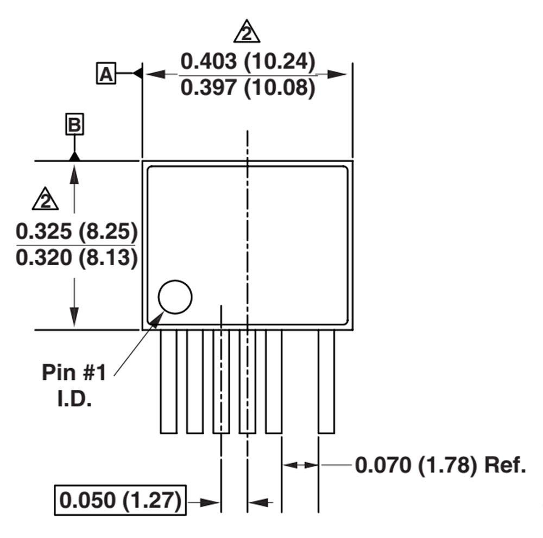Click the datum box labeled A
106,73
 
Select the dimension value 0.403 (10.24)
248,62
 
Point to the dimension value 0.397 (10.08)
248,87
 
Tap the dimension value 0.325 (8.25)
76,232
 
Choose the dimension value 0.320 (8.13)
76,258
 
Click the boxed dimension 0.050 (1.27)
120,499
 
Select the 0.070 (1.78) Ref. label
440,465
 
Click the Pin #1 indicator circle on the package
175,297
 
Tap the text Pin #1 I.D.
74,385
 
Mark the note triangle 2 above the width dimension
247,33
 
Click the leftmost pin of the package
168,382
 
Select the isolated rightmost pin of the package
326,382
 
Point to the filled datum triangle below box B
74,156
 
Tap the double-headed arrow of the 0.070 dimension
300,465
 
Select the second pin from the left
194,382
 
